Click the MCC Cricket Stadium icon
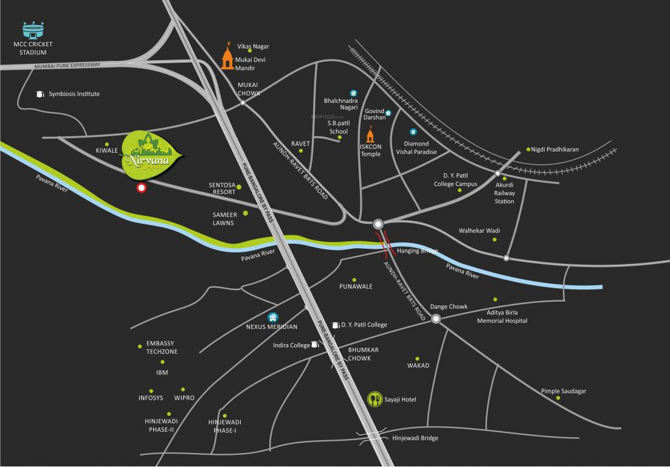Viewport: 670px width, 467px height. (x=33, y=30)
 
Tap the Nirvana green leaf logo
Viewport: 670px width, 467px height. (x=153, y=156)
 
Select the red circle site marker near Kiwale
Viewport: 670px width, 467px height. (x=142, y=188)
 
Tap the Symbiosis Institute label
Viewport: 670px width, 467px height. (x=74, y=94)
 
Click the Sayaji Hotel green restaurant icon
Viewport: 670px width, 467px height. (x=375, y=399)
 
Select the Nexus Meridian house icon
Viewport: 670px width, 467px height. (x=273, y=317)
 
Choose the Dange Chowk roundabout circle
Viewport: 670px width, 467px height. (x=436, y=319)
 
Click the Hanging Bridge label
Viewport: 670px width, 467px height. (x=417, y=251)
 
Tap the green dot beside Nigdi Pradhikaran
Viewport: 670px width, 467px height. (x=528, y=149)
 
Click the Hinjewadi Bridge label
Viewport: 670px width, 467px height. (x=415, y=438)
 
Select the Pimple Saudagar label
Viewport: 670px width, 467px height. (x=564, y=391)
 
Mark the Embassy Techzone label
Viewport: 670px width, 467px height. (x=162, y=348)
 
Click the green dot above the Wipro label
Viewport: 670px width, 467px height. (x=183, y=389)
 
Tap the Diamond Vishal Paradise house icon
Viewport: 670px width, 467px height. (x=413, y=132)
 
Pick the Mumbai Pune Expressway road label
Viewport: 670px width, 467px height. (x=67, y=65)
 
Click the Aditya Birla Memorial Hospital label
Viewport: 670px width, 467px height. (x=502, y=316)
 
